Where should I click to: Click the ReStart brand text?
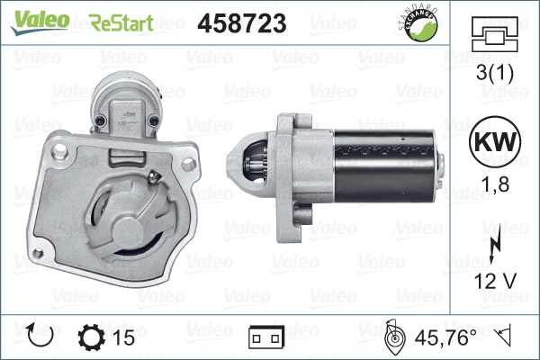point(121,22)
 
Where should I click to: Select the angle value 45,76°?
point(447,337)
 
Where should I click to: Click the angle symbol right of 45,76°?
point(506,337)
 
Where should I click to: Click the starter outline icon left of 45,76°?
point(393,337)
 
